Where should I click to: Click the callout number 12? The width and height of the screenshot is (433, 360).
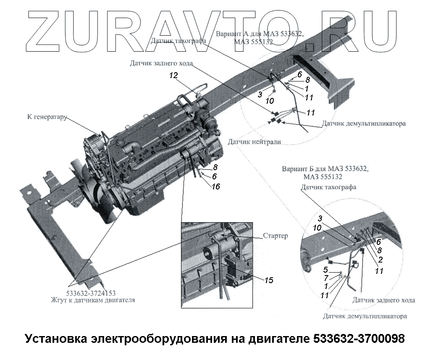pyautogui.click(x=174, y=76)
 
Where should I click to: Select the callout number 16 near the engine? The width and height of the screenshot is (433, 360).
pyautogui.click(x=215, y=187)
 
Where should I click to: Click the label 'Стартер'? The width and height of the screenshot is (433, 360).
pyautogui.click(x=276, y=236)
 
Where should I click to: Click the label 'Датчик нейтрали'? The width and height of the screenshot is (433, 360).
pyautogui.click(x=254, y=142)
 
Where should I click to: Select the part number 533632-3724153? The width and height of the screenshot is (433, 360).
pyautogui.click(x=91, y=293)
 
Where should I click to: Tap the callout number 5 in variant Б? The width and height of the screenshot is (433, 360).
pyautogui.click(x=325, y=270)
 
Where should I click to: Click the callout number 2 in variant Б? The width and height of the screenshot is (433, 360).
pyautogui.click(x=380, y=259)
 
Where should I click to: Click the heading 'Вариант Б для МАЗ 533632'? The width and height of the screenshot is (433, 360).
pyautogui.click(x=325, y=169)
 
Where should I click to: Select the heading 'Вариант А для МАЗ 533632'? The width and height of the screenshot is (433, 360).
pyautogui.click(x=259, y=34)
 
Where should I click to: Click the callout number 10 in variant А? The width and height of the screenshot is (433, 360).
pyautogui.click(x=270, y=101)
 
